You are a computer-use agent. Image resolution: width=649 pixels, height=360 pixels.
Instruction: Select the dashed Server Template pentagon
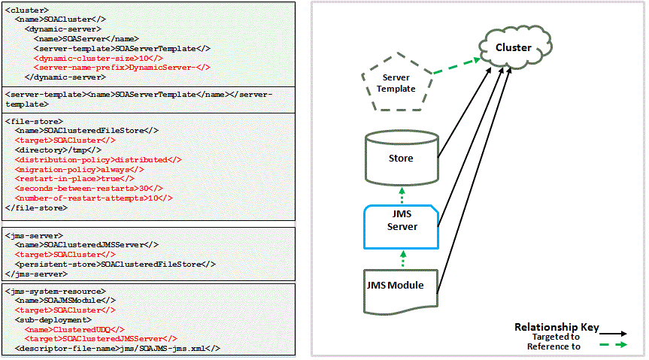pos(398,83)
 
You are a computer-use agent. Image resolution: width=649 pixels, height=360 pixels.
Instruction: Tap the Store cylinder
pos(400,158)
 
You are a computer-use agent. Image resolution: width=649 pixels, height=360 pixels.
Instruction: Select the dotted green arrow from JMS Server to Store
pos(402,196)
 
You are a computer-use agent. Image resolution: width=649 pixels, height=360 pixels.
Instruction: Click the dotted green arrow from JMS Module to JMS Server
pos(402,258)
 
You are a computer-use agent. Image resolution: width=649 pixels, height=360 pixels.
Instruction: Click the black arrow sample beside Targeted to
pos(615,331)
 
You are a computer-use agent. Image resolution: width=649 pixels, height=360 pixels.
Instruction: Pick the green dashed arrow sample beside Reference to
pos(615,346)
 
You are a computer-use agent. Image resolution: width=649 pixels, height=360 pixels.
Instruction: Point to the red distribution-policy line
pos(99,159)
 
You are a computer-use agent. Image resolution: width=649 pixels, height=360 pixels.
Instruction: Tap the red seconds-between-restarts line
pos(94,188)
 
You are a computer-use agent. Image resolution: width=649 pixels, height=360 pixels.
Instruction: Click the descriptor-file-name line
pos(117,348)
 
